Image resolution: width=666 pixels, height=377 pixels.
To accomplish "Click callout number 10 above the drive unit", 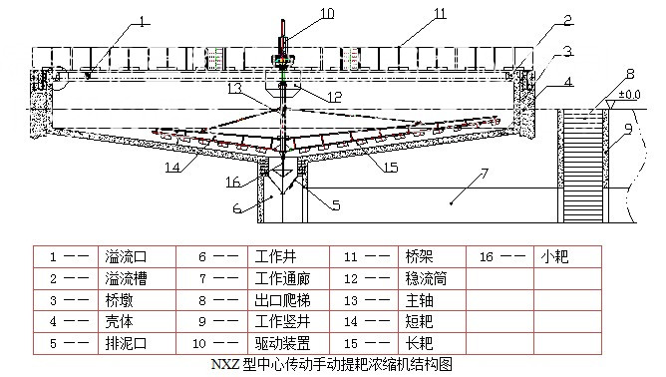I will [x=300, y=13].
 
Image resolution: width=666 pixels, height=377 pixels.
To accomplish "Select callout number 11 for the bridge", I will [x=411, y=13].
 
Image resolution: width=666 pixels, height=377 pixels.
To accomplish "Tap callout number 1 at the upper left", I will [x=145, y=20].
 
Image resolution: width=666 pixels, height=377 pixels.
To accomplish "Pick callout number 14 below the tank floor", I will [x=174, y=167].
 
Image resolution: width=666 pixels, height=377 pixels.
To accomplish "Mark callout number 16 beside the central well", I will [x=232, y=183].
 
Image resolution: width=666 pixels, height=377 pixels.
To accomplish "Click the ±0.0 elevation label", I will [x=631, y=95].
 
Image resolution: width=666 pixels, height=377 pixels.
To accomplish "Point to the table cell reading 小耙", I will [x=553, y=256].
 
